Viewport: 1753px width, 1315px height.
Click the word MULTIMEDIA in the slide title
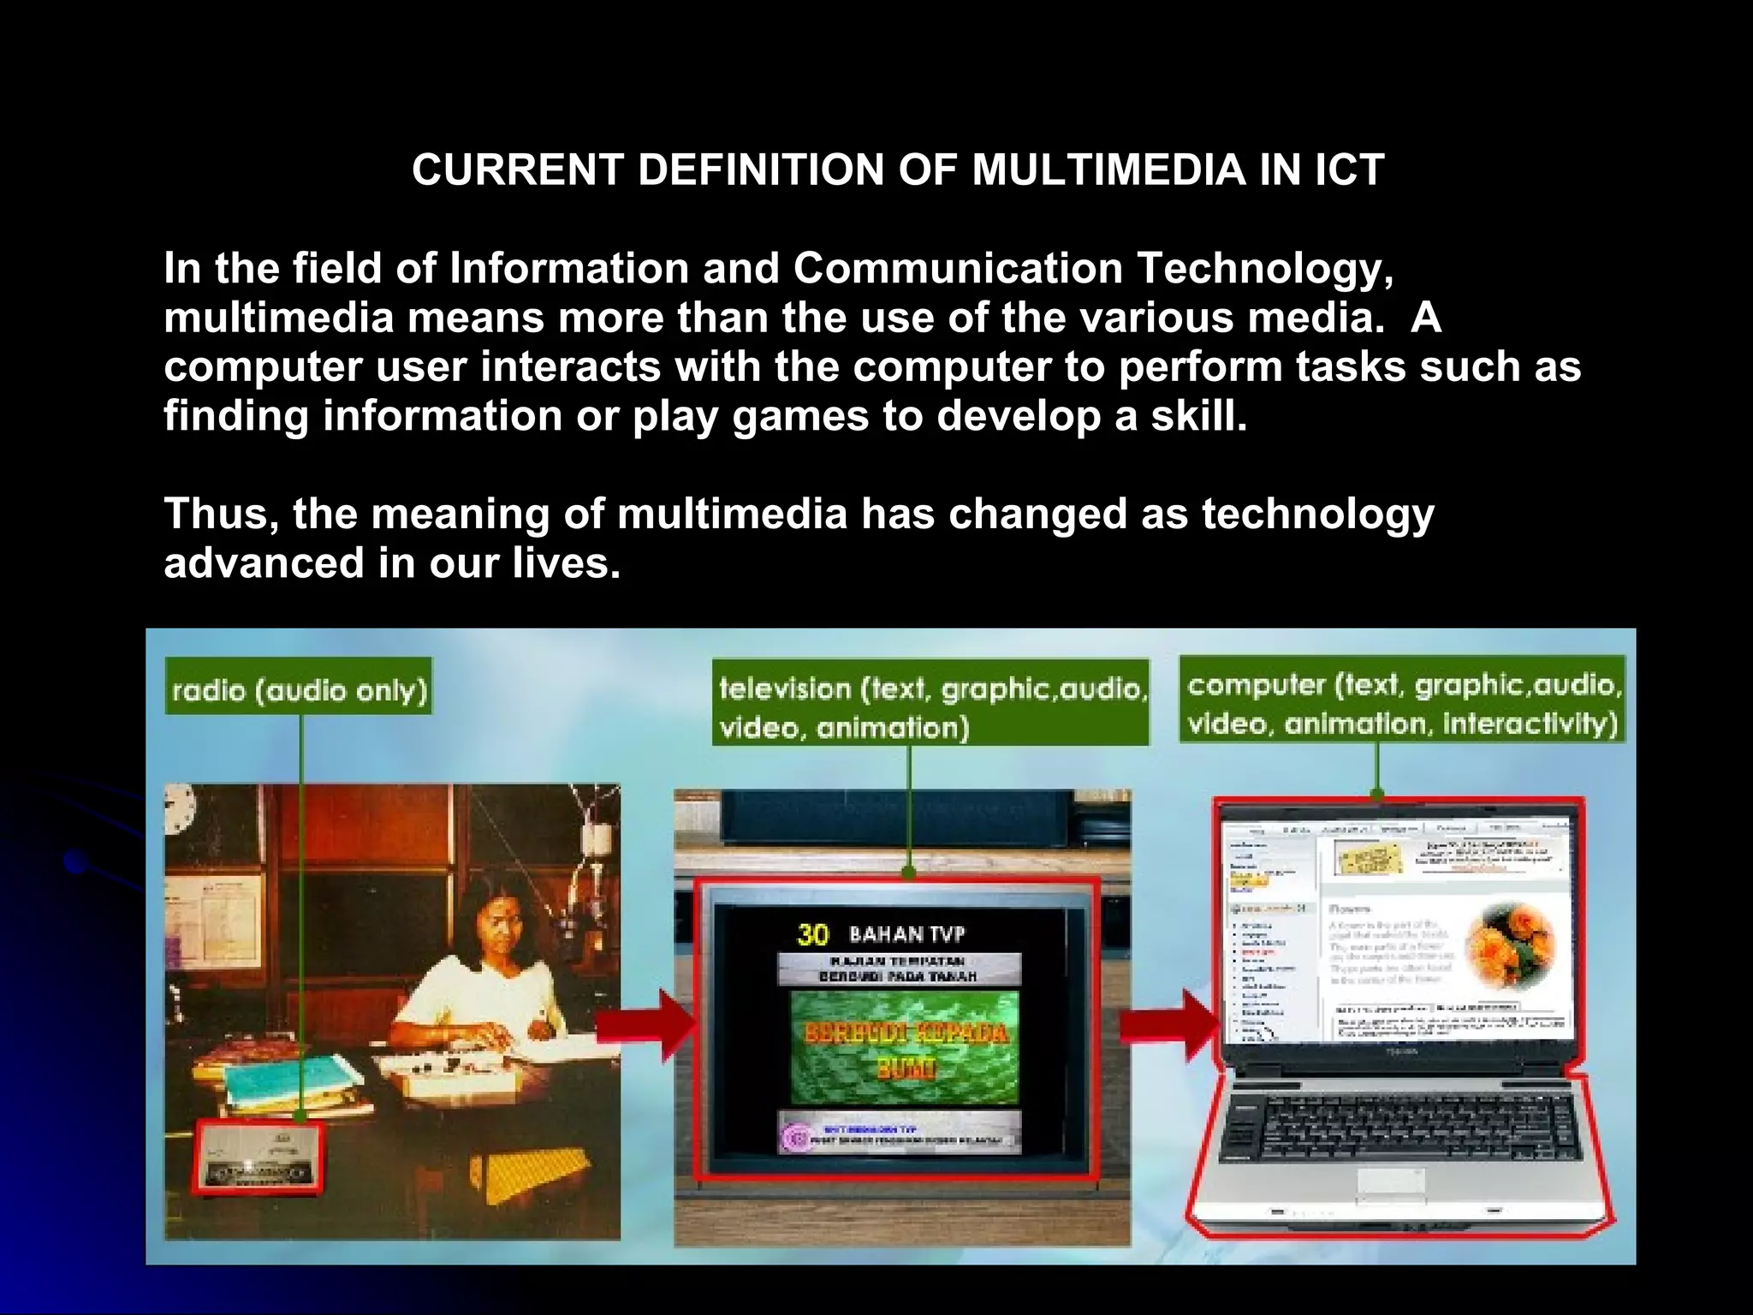(x=1108, y=170)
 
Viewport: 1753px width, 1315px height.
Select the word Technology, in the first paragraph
(x=1265, y=269)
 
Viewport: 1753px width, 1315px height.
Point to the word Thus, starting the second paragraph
(x=221, y=515)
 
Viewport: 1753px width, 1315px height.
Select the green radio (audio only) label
(x=299, y=687)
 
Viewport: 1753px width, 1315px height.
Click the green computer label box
(x=1402, y=700)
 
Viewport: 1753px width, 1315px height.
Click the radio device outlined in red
(x=259, y=1157)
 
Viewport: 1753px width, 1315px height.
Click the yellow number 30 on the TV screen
(x=812, y=934)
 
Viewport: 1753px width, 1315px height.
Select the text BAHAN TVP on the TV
(x=906, y=934)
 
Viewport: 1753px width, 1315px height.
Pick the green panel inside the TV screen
(x=904, y=1047)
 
